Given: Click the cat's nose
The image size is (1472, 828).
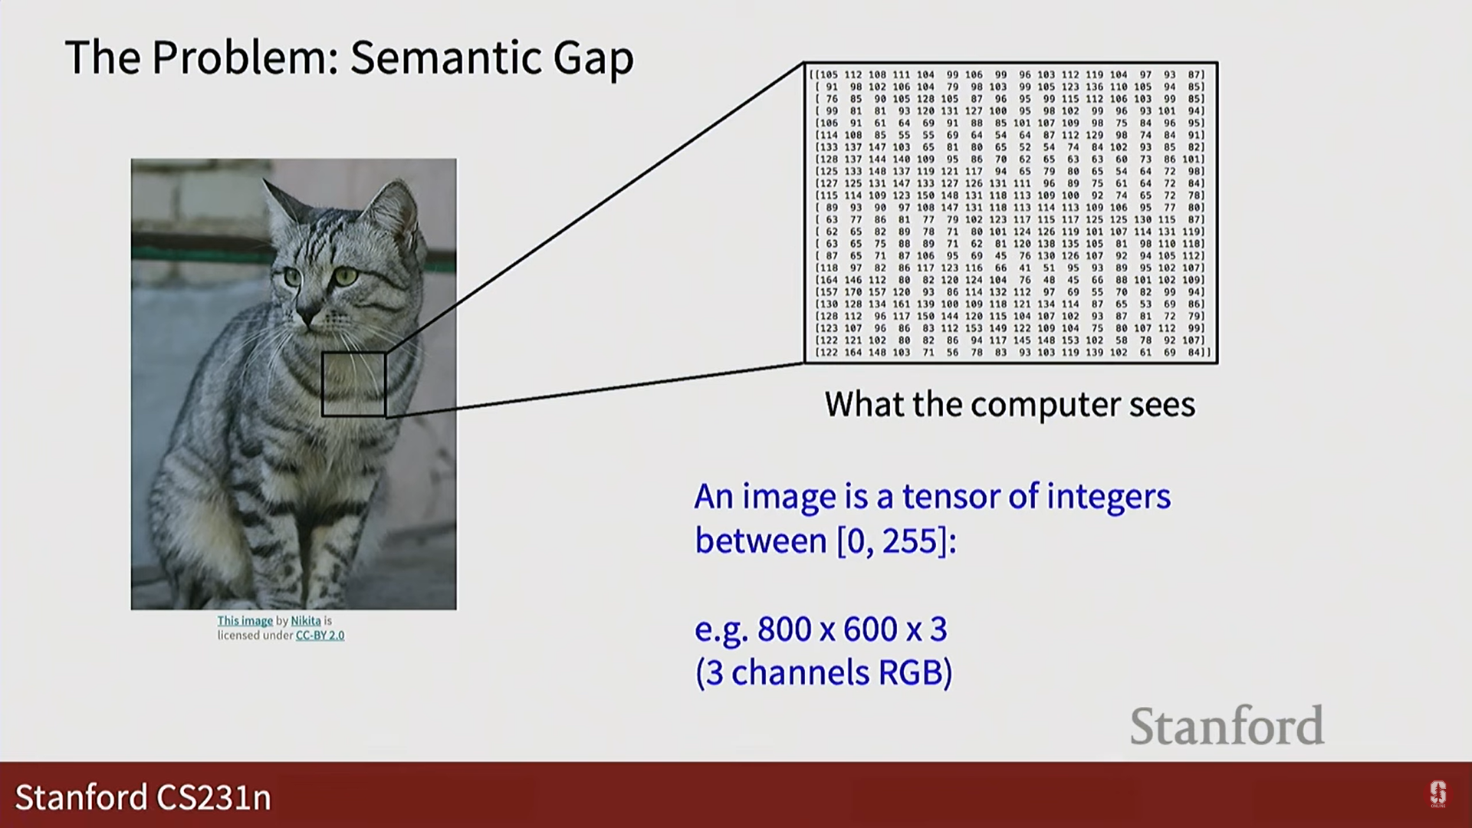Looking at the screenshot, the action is [307, 315].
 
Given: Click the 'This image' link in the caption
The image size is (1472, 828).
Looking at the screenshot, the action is [245, 621].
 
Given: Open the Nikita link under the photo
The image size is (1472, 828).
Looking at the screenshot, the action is [306, 621].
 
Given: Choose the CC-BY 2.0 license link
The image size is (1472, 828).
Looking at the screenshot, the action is [320, 636].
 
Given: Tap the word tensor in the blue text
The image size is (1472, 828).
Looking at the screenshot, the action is [950, 497].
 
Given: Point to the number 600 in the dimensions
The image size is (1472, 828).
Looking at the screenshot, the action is [870, 630].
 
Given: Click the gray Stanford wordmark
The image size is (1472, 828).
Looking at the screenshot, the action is [1227, 726].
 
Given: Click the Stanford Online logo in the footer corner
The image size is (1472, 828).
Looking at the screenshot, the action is [1437, 794].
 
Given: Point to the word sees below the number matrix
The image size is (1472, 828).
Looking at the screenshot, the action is [1162, 406].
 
